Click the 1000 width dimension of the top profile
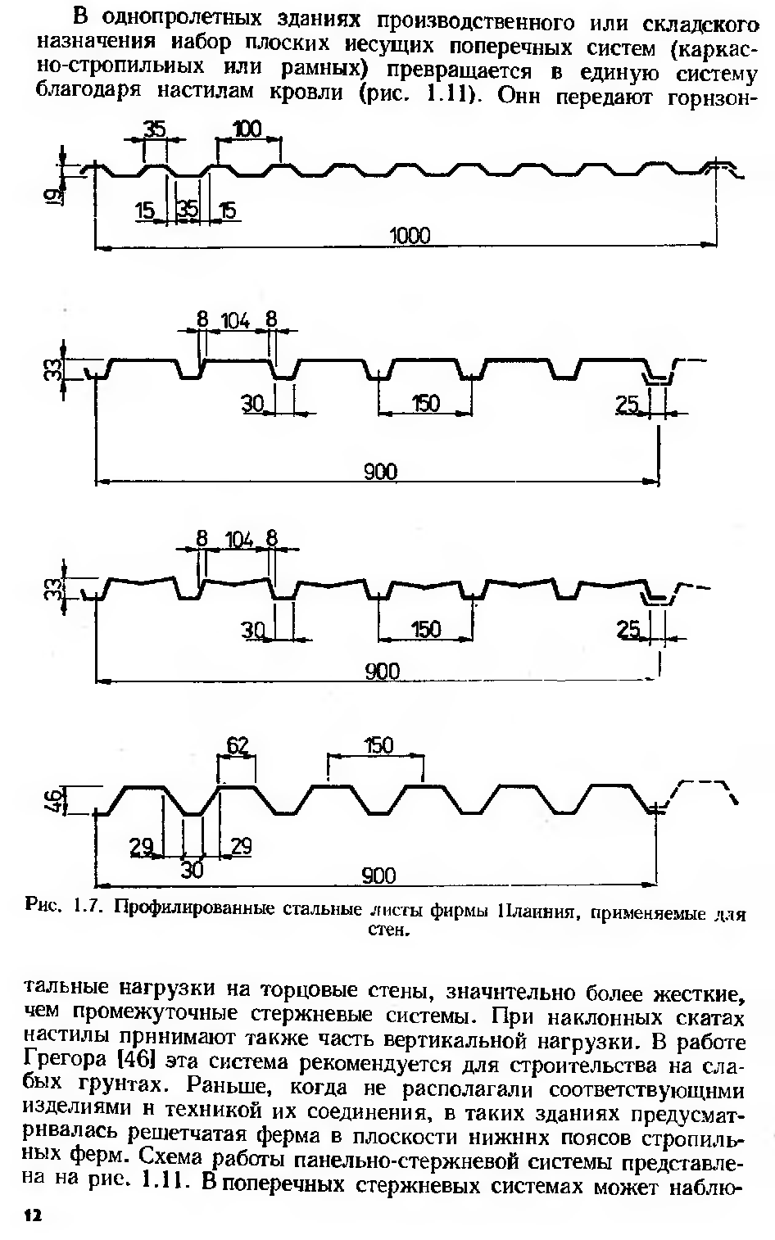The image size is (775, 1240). click(x=410, y=236)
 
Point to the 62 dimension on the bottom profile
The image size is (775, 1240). click(x=237, y=746)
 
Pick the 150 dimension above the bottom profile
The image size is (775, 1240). click(x=378, y=746)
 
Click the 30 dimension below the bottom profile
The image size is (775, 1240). click(x=192, y=870)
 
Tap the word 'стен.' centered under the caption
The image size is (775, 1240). click(x=387, y=930)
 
